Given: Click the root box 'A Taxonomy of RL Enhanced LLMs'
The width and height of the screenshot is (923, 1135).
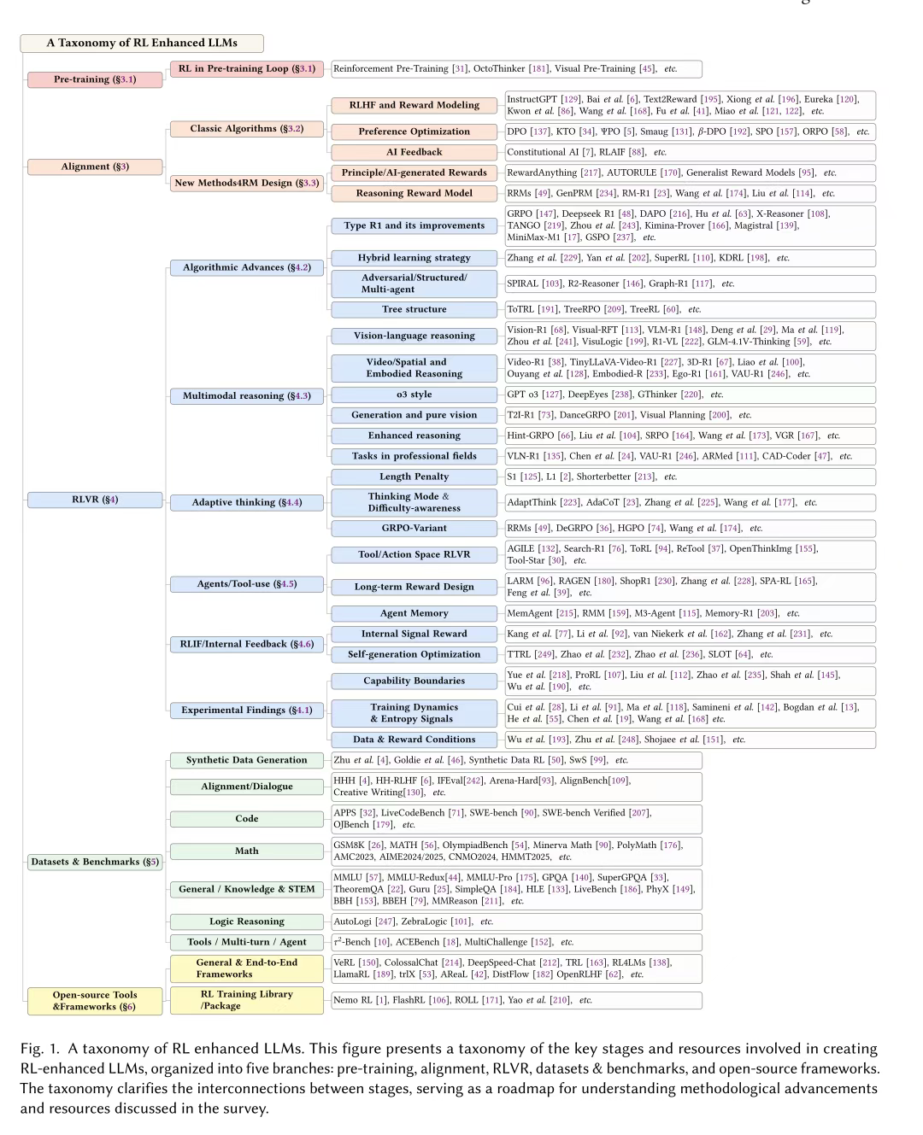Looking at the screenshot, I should tap(142, 43).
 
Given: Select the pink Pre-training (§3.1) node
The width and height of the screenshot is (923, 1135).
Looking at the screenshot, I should tap(95, 79).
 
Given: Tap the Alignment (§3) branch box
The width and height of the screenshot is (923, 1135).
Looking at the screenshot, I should tap(95, 167).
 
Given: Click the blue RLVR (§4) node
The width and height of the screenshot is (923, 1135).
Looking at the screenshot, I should tap(95, 500).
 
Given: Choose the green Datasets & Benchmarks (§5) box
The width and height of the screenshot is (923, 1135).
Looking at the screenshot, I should tap(95, 862).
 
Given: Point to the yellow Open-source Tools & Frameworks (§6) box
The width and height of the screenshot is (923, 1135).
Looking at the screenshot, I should tap(95, 1001).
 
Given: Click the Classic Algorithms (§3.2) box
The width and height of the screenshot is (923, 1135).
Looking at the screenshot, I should tap(247, 129).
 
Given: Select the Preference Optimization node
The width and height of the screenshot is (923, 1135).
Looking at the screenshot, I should tap(414, 132).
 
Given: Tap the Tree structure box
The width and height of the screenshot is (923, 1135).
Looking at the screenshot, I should tap(414, 309).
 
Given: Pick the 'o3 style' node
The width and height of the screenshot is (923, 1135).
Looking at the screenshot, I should tap(414, 395).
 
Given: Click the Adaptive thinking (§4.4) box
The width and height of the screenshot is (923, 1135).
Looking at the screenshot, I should tap(247, 502).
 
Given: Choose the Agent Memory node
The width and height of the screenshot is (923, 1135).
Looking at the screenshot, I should tap(414, 613).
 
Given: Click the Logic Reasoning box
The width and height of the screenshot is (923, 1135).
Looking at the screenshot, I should tap(247, 921).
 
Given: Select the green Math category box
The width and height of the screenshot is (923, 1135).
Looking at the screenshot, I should tap(247, 851).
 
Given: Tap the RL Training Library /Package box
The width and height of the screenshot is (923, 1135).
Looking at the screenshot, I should tap(247, 1000).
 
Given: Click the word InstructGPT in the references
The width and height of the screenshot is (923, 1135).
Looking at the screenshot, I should tap(532, 99).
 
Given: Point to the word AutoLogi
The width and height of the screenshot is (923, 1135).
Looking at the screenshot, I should tap(352, 921).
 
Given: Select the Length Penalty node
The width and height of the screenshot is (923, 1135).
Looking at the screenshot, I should tap(414, 477).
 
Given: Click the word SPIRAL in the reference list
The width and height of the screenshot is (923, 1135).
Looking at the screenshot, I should tap(522, 284).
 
